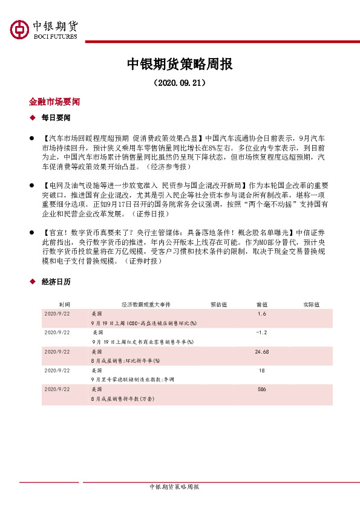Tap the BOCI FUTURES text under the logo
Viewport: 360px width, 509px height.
[54, 37]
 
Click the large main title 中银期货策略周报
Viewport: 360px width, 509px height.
[180, 64]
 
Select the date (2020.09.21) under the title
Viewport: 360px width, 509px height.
[180, 82]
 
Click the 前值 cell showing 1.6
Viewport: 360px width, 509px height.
[261, 314]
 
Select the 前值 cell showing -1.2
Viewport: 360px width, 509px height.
[261, 332]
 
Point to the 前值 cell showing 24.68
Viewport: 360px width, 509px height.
[261, 351]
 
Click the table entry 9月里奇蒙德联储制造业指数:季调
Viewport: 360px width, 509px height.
[131, 378]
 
